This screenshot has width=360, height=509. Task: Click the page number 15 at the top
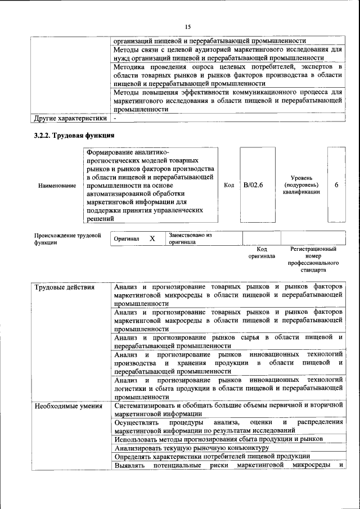pos(188,26)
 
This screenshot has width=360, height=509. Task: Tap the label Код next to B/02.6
pos(229,184)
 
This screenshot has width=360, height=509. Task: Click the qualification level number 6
pos(336,184)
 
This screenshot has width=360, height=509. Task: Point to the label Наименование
pos(57,185)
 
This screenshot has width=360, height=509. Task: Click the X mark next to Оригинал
pos(152,238)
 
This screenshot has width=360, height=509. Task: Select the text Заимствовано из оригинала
pos(190,238)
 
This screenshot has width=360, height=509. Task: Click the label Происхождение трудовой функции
pos(67,239)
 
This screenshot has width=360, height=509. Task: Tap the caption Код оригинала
pos(262,252)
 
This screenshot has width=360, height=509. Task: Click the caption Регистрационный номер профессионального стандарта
pos(313,259)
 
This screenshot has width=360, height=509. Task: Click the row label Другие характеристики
pos(70,119)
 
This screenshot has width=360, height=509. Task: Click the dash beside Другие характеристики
pos(115,119)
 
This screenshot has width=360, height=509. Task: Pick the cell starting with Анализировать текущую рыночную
pos(188,448)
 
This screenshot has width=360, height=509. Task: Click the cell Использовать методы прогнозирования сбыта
pos(218,439)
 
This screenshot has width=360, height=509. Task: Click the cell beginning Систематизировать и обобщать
pos(228,410)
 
